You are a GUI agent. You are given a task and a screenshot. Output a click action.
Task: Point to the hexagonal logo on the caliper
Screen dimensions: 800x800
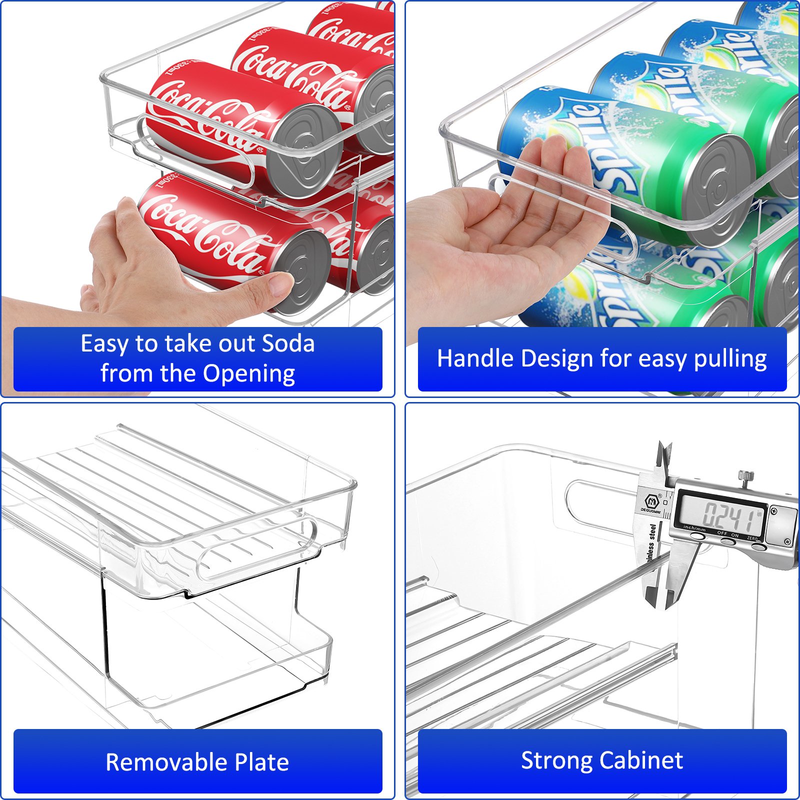(x=651, y=501)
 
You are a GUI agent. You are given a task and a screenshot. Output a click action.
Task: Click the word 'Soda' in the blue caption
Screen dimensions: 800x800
(x=288, y=344)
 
